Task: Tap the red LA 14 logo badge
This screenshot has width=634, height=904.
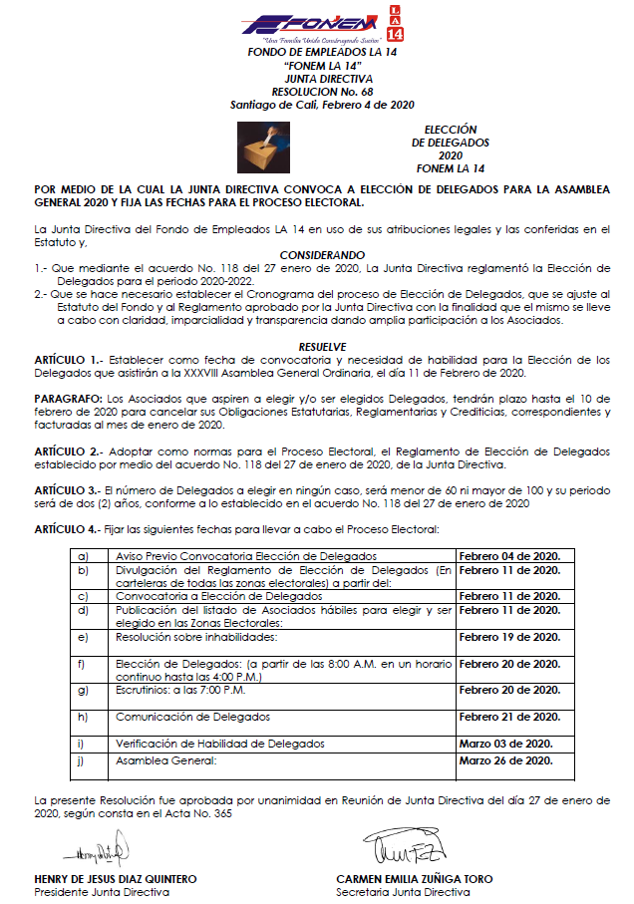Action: pyautogui.click(x=397, y=23)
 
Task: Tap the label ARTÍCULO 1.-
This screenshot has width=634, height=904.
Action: pyautogui.click(x=67, y=357)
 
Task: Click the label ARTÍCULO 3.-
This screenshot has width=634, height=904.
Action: pyautogui.click(x=67, y=489)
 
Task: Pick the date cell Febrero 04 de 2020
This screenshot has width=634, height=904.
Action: pyautogui.click(x=508, y=555)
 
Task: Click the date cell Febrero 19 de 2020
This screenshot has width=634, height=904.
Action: pyautogui.click(x=508, y=635)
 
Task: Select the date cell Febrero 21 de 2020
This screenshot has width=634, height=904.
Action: pyautogui.click(x=508, y=717)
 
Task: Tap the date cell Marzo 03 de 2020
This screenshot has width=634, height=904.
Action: pyautogui.click(x=505, y=744)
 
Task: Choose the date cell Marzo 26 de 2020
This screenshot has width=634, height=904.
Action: pyautogui.click(x=505, y=760)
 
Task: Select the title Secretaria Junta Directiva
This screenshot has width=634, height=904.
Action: pyautogui.click(x=403, y=892)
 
